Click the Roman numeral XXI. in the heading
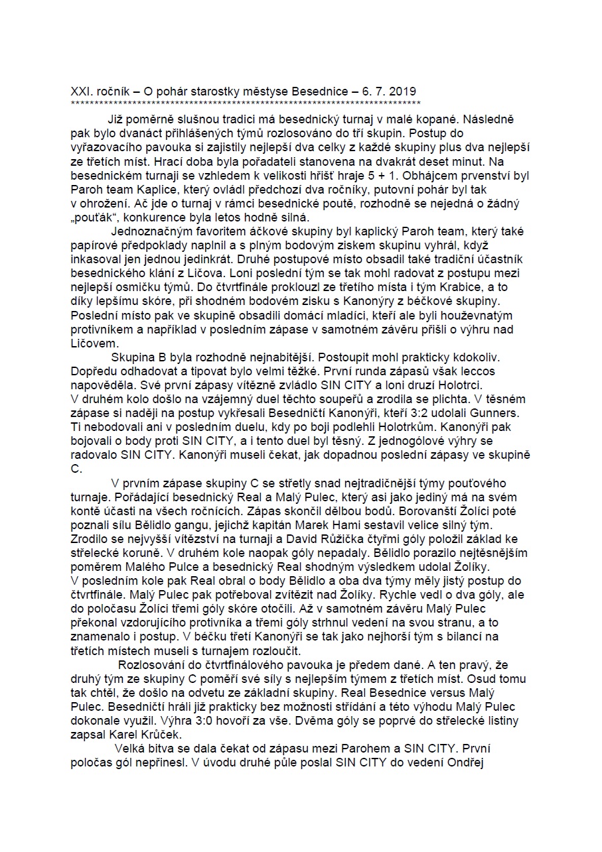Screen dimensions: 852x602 pyautogui.click(x=82, y=91)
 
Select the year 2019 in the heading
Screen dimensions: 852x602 pyautogui.click(x=403, y=91)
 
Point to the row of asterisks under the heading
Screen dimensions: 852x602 pyautogui.click(x=246, y=103)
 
